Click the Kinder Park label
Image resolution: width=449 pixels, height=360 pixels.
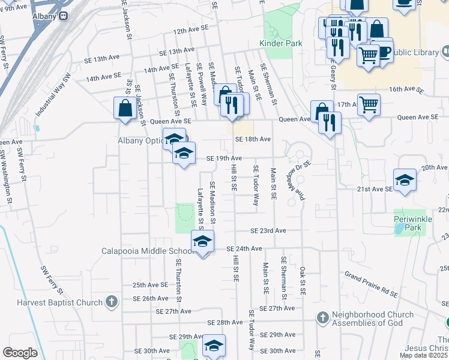tap(280, 43)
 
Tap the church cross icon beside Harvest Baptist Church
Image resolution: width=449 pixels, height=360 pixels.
tap(111, 302)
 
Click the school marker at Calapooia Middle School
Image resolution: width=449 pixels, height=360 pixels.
tap(202, 242)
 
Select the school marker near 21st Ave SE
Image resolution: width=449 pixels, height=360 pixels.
tap(405, 179)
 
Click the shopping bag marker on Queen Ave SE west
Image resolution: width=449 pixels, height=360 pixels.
tap(125, 109)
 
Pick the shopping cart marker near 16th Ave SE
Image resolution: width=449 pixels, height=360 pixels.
tap(369, 104)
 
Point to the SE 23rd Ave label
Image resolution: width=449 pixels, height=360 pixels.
tap(268, 231)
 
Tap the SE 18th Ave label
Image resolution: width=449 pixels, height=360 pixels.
tap(253, 139)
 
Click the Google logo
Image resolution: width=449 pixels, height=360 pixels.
tap(19, 352)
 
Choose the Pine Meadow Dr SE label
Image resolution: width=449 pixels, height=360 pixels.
tap(300, 179)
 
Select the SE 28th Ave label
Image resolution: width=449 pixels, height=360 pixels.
tap(224, 322)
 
